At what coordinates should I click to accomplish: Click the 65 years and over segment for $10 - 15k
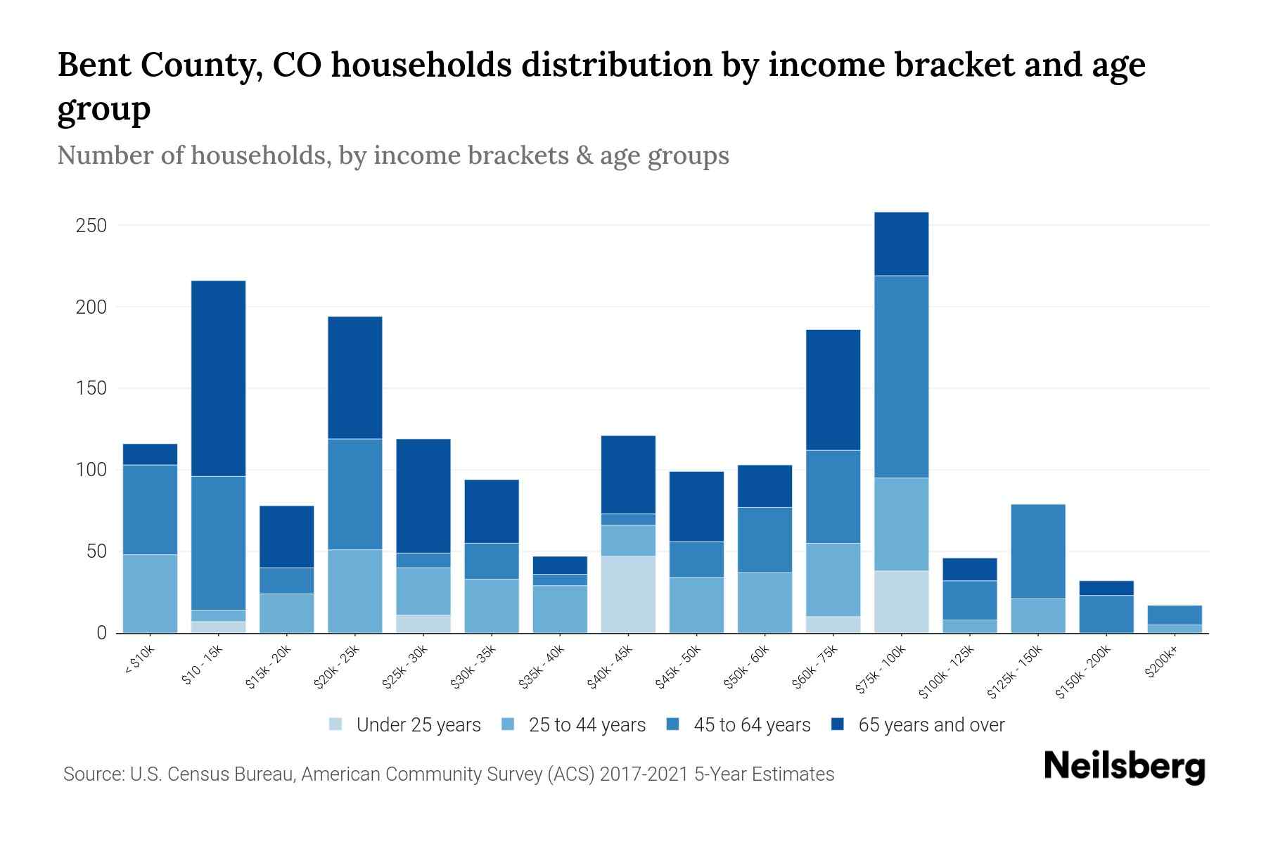pyautogui.click(x=218, y=378)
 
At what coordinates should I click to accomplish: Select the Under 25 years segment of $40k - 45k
pyautogui.click(x=628, y=594)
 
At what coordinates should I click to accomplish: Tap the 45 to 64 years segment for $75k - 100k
pyautogui.click(x=901, y=376)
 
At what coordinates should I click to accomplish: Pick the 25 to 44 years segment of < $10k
pyautogui.click(x=150, y=594)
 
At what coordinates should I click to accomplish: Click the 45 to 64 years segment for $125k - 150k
pyautogui.click(x=1037, y=551)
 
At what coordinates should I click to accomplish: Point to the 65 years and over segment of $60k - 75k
pyautogui.click(x=833, y=390)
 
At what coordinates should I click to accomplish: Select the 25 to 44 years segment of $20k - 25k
pyautogui.click(x=354, y=591)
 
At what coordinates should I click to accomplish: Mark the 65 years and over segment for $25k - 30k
pyautogui.click(x=423, y=496)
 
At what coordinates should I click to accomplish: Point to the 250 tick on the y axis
pyautogui.click(x=91, y=226)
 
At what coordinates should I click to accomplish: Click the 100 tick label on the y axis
pyautogui.click(x=91, y=470)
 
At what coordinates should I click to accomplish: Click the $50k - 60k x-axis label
pyautogui.click(x=747, y=667)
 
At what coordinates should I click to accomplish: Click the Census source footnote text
pyautogui.click(x=448, y=774)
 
